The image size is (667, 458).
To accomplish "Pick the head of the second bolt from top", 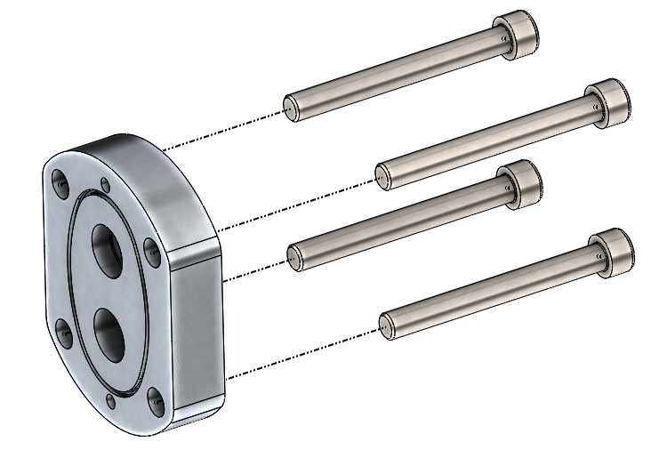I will pyautogui.click(x=607, y=100).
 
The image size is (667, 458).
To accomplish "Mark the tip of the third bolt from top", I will pyautogui.click(x=293, y=256).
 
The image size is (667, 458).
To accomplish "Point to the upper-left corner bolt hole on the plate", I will pyautogui.click(x=61, y=183).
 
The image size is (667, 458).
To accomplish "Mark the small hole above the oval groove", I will pyautogui.click(x=106, y=185).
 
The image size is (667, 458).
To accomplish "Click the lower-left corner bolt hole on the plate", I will pyautogui.click(x=64, y=333).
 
